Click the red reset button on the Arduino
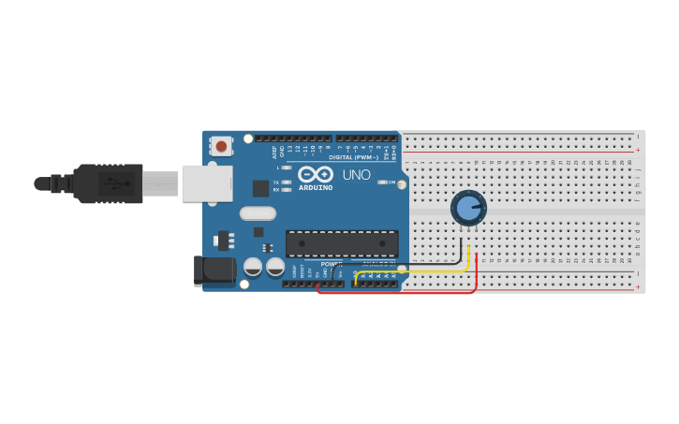point(221,146)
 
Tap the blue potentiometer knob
point(468,208)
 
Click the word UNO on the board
point(356,175)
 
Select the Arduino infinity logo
point(316,174)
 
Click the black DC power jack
point(214,270)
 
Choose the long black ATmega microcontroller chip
point(342,243)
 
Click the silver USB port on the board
point(207,183)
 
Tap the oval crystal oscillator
point(258,213)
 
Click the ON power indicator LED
point(381,182)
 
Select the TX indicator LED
point(286,182)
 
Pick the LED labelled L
point(286,168)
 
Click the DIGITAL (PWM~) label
point(354,157)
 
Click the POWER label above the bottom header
point(332,264)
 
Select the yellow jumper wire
point(412,271)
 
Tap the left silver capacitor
point(253,267)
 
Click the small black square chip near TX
point(260,188)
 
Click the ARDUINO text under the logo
point(316,188)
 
